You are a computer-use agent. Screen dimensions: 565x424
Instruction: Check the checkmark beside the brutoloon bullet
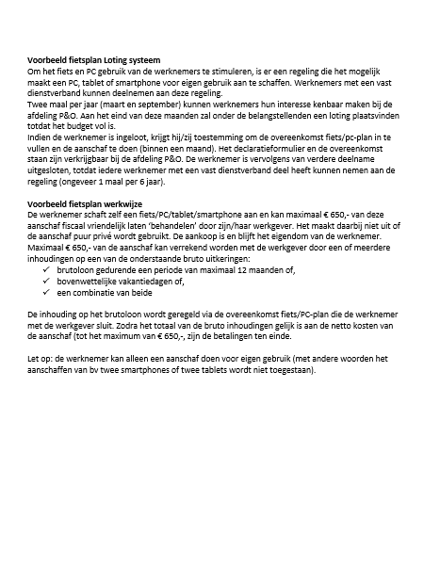click(47, 271)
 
